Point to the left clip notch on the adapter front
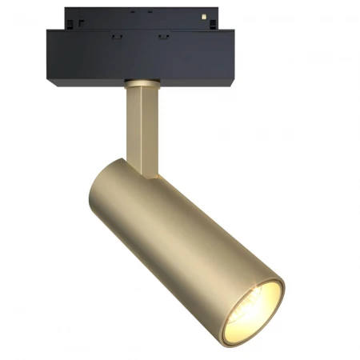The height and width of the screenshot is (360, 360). coord(116,37)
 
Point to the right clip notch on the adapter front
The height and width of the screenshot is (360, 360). coord(164,37)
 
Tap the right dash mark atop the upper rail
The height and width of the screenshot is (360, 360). coord(149,12)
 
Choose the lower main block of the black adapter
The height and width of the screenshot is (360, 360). coord(140,56)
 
